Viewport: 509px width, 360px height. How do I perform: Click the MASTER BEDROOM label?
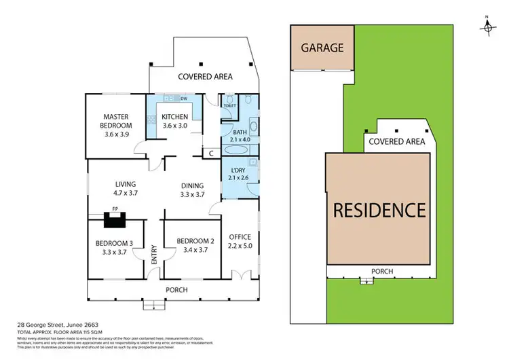coord(117,120)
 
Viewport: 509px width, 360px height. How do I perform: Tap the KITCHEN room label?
coord(174,117)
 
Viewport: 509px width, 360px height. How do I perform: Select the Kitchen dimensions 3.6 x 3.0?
coord(174,126)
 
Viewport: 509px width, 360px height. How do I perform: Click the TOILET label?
coord(229,107)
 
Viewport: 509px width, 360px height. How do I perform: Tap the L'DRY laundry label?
coord(238,170)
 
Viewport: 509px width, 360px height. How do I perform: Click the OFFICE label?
coord(240,237)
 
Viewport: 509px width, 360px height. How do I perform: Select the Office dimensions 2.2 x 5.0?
coord(240,246)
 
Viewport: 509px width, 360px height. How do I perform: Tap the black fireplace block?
coord(111,219)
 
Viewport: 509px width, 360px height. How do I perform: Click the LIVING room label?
coord(126,184)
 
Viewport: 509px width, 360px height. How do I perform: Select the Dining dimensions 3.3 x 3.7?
coord(192,195)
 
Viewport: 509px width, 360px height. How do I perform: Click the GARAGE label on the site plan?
coord(322,48)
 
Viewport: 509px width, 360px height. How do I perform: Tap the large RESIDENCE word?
coord(379,210)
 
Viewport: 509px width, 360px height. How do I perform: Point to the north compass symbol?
coord(487,25)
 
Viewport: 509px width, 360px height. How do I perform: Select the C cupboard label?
coord(211,154)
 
